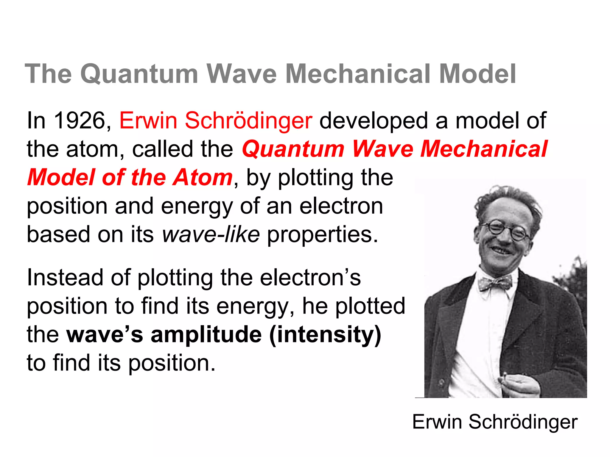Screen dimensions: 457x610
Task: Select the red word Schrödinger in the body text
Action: [x=248, y=120]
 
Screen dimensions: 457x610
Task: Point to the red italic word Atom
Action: [x=203, y=177]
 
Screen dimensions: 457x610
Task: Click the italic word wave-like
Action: [x=211, y=234]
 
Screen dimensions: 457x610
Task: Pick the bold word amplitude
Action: [x=206, y=334]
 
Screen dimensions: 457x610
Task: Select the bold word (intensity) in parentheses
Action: [x=325, y=334]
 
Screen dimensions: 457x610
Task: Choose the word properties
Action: [x=322, y=235]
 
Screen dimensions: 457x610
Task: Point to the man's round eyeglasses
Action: [x=506, y=230]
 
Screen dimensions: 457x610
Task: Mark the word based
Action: [x=58, y=234]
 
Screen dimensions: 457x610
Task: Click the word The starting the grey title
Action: [x=48, y=74]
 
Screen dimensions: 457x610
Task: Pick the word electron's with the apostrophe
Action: [x=310, y=278]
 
